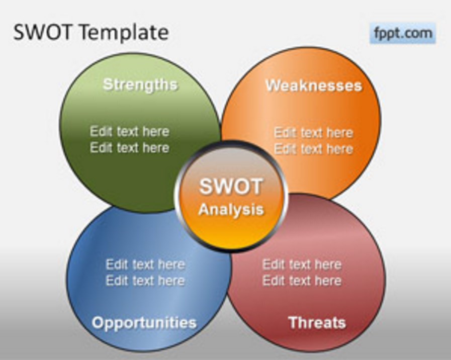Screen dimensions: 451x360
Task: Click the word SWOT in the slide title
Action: (42, 32)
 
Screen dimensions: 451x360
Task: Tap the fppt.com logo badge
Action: (403, 33)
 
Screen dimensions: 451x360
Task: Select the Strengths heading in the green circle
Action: (140, 85)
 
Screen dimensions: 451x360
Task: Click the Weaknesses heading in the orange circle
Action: (314, 85)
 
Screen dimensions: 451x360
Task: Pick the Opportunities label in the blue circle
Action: (144, 323)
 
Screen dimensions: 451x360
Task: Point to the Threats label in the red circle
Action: (317, 323)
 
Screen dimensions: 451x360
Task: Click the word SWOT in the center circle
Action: (231, 187)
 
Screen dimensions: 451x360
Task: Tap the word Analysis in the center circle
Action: (231, 210)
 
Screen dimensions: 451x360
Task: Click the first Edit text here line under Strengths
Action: (130, 131)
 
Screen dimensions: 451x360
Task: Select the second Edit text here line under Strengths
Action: (130, 147)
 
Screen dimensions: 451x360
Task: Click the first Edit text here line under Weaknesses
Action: (314, 133)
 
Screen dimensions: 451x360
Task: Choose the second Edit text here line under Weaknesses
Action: (314, 149)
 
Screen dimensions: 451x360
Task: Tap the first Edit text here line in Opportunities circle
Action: (145, 264)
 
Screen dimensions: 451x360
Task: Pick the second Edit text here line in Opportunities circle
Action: (145, 281)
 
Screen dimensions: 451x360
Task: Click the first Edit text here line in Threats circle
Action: (302, 264)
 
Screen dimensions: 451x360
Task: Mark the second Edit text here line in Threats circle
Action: (302, 281)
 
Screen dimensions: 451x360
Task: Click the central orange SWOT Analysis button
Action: (231, 196)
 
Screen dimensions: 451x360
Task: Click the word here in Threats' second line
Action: (328, 281)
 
